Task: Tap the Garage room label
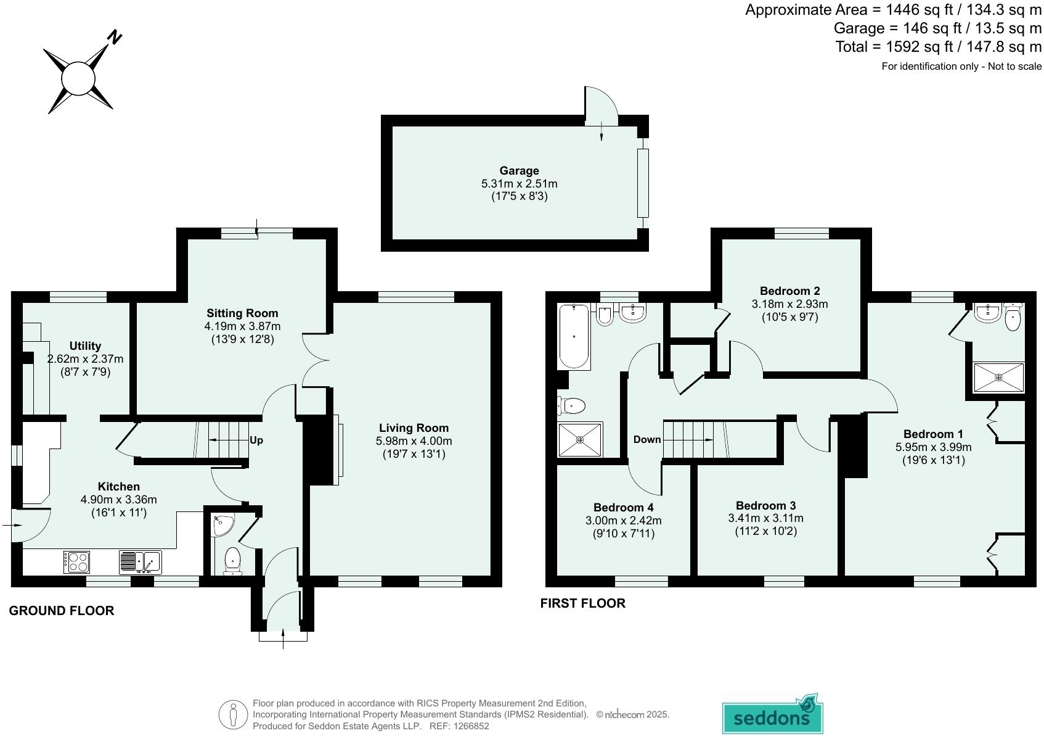519,171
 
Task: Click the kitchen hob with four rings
77,562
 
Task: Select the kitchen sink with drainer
140,562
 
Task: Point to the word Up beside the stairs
256,440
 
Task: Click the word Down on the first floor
647,439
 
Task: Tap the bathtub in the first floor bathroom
574,336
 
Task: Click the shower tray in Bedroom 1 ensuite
998,377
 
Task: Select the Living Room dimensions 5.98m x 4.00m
414,441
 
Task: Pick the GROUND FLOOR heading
62,611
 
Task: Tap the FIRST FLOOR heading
582,603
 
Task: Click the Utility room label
85,345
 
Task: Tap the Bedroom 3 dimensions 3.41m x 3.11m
765,518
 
